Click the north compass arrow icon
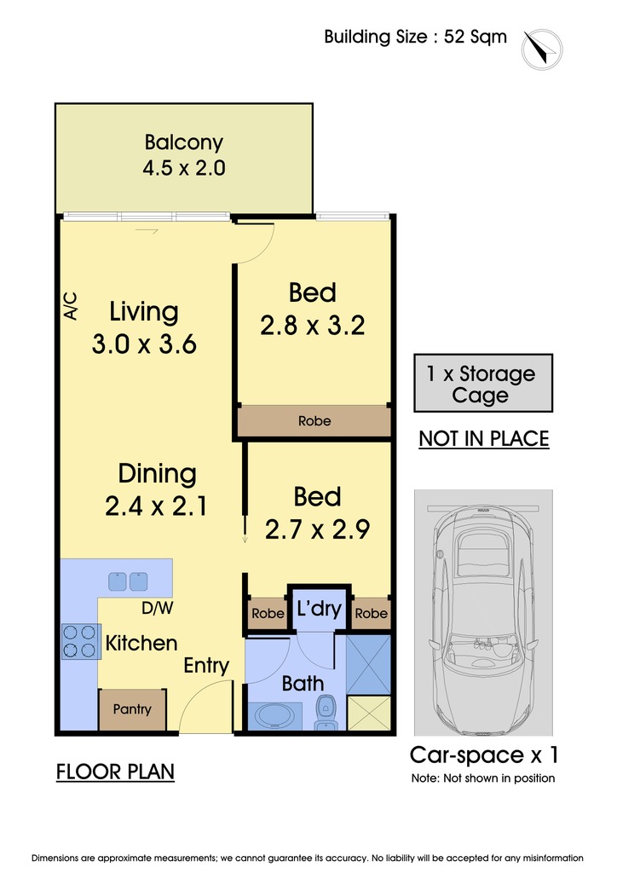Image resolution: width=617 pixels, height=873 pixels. pos(542,49)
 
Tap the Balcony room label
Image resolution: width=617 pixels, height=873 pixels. pos(183,142)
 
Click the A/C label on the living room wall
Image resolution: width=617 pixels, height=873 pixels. pos(71,306)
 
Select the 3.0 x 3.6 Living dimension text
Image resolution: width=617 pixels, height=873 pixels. pos(144,344)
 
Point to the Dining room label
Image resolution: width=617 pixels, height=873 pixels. pos(157,474)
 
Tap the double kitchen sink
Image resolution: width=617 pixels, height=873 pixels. pos(128,581)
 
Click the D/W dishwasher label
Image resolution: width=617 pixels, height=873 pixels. pos(158,608)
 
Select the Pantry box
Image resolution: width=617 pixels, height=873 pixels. pos(132,710)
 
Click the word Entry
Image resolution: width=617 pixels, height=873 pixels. pos(206,666)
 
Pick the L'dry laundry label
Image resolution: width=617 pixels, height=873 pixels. pos(319,608)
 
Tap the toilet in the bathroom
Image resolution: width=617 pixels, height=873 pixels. pos(325,714)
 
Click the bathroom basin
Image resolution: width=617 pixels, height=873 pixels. pos(275,715)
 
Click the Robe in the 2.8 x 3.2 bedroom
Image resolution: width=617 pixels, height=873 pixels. pos(314,421)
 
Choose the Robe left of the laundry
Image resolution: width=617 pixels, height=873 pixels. pos(268,614)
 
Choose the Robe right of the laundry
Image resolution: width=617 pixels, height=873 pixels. pos(371,614)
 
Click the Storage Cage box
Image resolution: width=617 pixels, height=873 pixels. pos(483,383)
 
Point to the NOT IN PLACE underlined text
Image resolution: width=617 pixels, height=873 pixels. pos(484,439)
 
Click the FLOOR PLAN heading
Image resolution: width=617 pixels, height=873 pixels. pos(115,772)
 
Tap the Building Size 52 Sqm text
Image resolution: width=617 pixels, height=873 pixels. pos(416,37)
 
